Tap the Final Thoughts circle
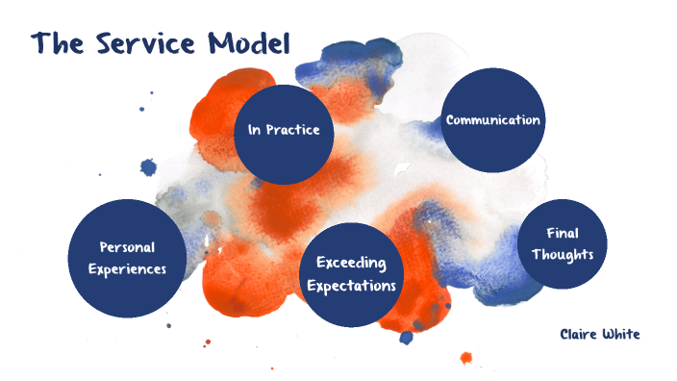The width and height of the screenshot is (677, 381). point(563,245)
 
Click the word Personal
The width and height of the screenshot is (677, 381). point(127,248)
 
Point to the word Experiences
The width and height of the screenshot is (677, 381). point(127,269)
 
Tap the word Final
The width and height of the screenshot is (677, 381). point(562,234)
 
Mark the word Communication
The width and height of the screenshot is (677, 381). point(492,120)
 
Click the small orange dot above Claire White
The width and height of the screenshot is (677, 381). point(466,358)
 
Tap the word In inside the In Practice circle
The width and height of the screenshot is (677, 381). point(255,129)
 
